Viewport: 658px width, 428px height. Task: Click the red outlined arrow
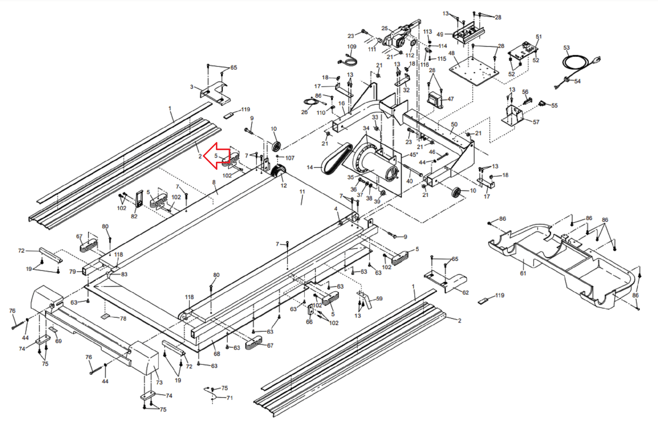pyautogui.click(x=216, y=156)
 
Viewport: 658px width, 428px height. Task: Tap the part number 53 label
pyautogui.click(x=566, y=48)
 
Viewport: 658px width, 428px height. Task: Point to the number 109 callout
pyautogui.click(x=352, y=47)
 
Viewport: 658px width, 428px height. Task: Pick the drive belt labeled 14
pyautogui.click(x=336, y=159)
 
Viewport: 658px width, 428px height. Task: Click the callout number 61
pyautogui.click(x=523, y=273)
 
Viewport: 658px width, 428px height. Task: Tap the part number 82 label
pyautogui.click(x=134, y=216)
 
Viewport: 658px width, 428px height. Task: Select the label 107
pyautogui.click(x=290, y=158)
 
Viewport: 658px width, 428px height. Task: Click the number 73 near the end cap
pyautogui.click(x=159, y=382)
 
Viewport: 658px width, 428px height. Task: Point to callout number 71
pyautogui.click(x=229, y=398)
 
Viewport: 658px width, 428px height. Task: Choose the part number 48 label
pyautogui.click(x=452, y=53)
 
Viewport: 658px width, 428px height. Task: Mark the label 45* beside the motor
pyautogui.click(x=414, y=155)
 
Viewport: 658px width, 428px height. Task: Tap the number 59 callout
pyautogui.click(x=379, y=299)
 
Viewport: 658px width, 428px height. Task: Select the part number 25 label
pyautogui.click(x=385, y=28)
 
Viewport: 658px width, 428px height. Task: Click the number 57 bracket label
pyautogui.click(x=536, y=122)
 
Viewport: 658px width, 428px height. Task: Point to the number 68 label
pyautogui.click(x=217, y=354)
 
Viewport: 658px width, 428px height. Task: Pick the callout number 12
pyautogui.click(x=283, y=186)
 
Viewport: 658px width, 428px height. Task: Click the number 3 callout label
pyautogui.click(x=192, y=87)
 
